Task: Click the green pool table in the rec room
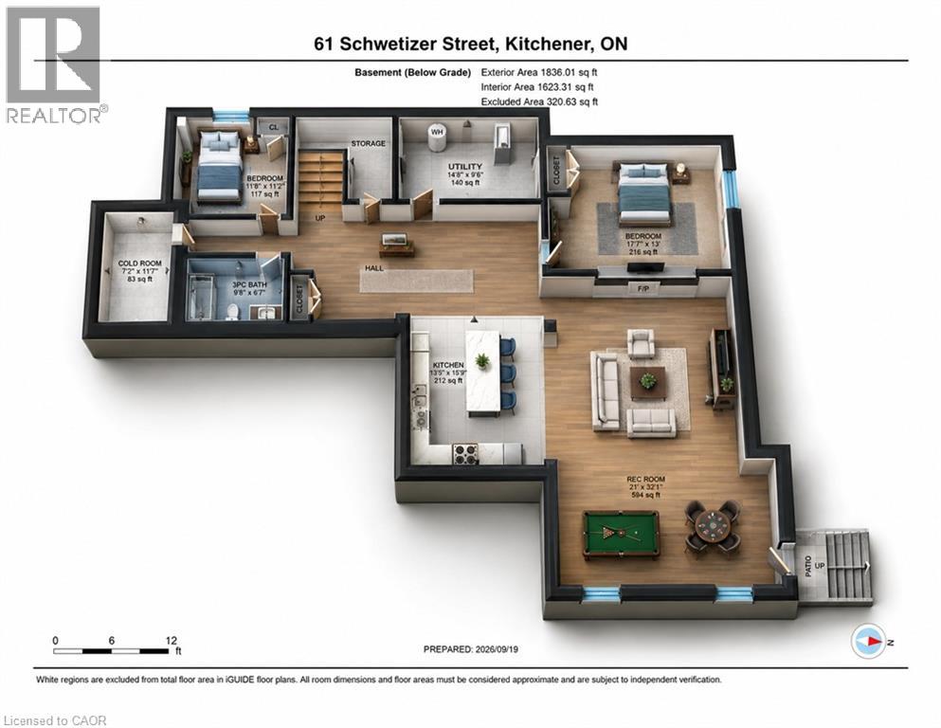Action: pyautogui.click(x=621, y=534)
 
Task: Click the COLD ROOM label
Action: pyautogui.click(x=140, y=263)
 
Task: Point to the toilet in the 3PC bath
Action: pyautogui.click(x=232, y=312)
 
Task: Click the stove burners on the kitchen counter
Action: pyautogui.click(x=464, y=454)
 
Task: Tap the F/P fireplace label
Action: pyautogui.click(x=643, y=289)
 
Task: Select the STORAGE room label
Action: pyautogui.click(x=368, y=143)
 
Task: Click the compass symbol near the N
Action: pyautogui.click(x=868, y=641)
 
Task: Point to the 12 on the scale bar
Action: pyautogui.click(x=171, y=641)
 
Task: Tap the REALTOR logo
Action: pyautogui.click(x=54, y=64)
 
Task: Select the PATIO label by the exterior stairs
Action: pyautogui.click(x=807, y=566)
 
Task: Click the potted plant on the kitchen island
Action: pyautogui.click(x=482, y=361)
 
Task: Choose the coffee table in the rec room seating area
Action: pyautogui.click(x=647, y=383)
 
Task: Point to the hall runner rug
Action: pyautogui.click(x=416, y=281)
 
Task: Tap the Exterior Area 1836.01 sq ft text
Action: pyautogui.click(x=539, y=72)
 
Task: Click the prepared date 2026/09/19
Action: pyautogui.click(x=497, y=648)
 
